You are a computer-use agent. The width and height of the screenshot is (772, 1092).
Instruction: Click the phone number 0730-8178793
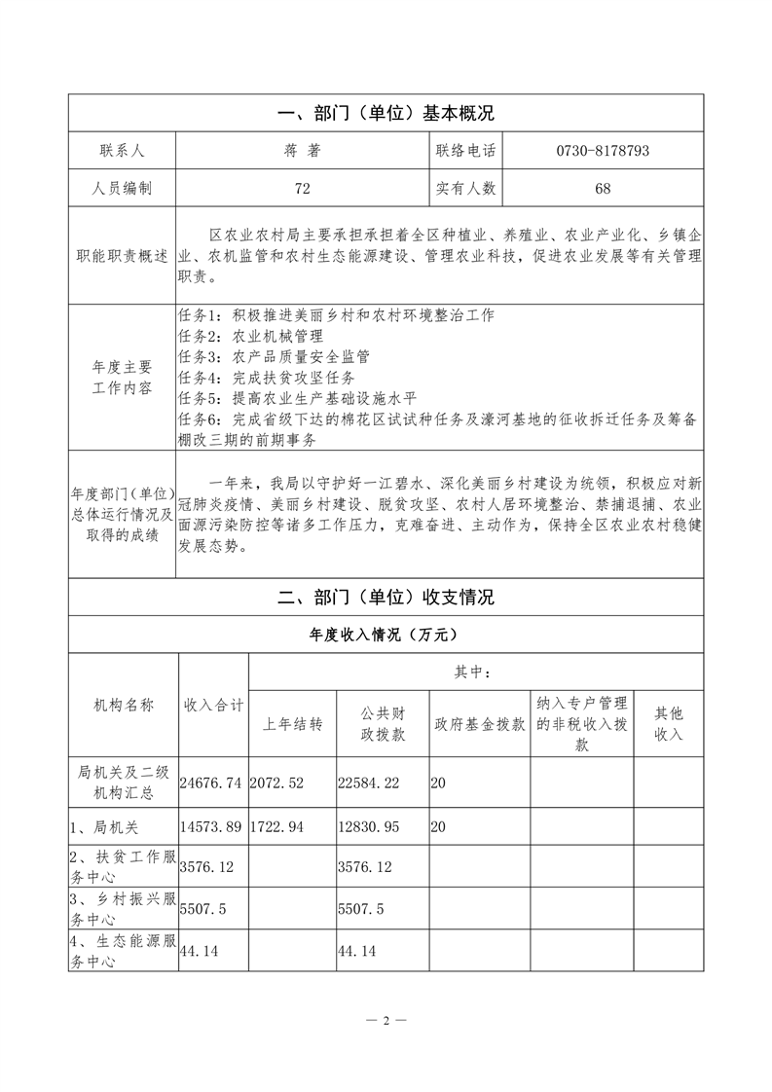(x=603, y=151)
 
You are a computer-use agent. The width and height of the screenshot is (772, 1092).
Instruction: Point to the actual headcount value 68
(x=603, y=188)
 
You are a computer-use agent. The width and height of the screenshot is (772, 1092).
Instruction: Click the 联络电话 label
(x=465, y=151)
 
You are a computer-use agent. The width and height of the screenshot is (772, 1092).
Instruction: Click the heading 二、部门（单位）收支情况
(x=386, y=597)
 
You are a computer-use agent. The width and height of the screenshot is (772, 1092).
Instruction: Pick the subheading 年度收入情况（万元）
(x=386, y=634)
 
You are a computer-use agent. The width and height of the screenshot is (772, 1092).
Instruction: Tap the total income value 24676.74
(x=212, y=781)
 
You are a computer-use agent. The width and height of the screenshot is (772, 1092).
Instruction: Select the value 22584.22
(x=368, y=781)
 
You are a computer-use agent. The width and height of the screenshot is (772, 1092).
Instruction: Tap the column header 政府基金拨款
(x=480, y=725)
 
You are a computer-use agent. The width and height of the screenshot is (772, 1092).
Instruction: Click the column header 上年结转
(x=293, y=725)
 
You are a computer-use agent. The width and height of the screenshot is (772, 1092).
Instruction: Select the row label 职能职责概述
(x=123, y=256)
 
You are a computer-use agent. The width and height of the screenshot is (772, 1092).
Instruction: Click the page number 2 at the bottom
(x=386, y=1021)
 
